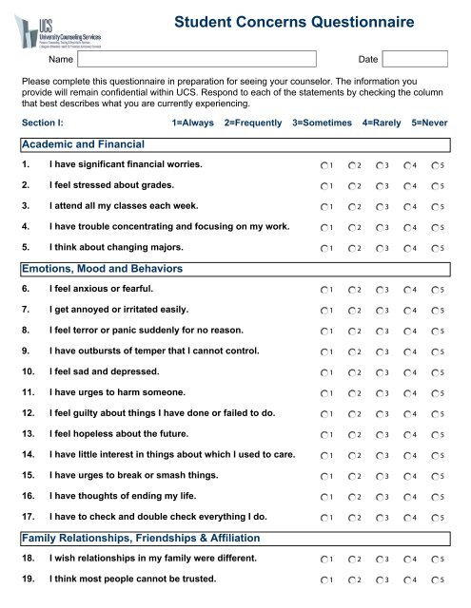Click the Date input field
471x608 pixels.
tap(416, 59)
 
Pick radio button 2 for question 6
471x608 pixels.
tap(353, 288)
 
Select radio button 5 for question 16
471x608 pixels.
tap(437, 495)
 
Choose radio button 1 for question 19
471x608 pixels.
tap(325, 579)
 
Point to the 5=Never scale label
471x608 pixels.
tap(429, 123)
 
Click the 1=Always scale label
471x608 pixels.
tap(192, 123)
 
